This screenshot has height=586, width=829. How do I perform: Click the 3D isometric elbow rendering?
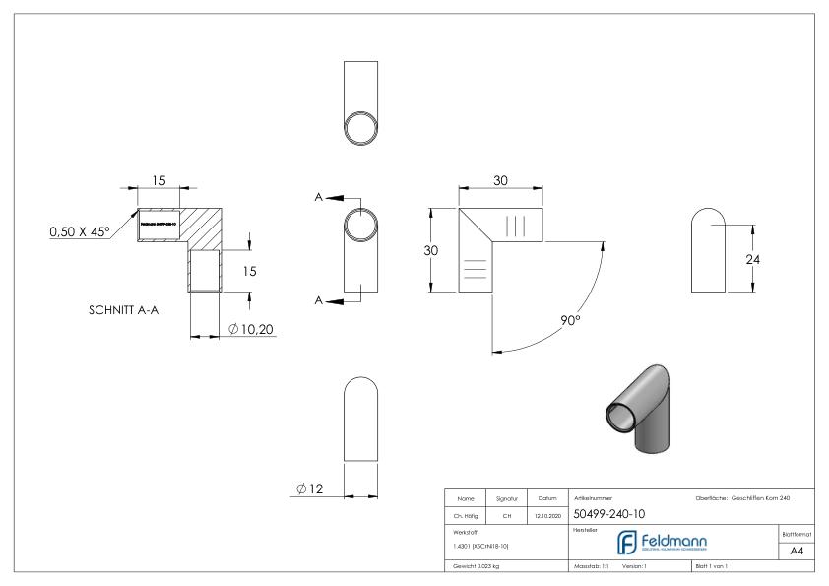pyautogui.click(x=635, y=406)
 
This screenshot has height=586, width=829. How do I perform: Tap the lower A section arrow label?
pyautogui.click(x=319, y=300)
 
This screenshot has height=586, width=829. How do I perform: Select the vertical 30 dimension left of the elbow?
pyautogui.click(x=430, y=250)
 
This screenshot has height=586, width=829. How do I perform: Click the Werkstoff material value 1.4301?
pyautogui.click(x=481, y=545)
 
